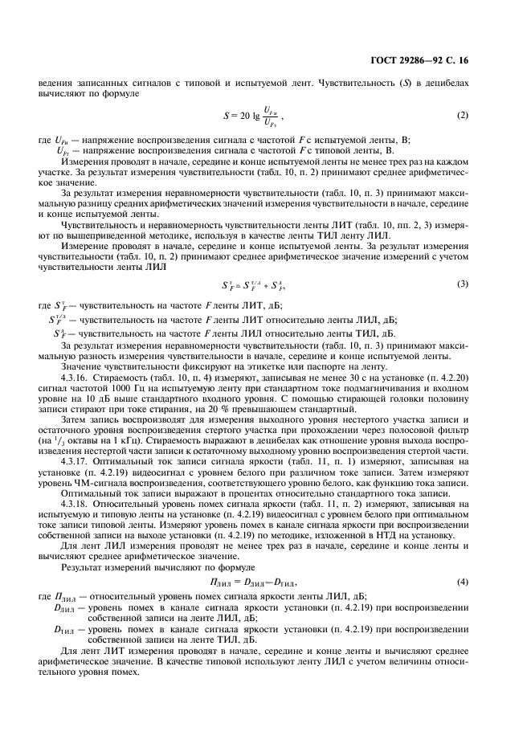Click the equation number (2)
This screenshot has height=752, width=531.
[462, 116]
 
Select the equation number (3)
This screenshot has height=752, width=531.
[462, 284]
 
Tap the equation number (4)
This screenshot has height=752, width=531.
[462, 580]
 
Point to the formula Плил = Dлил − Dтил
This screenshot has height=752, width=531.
[264, 580]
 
